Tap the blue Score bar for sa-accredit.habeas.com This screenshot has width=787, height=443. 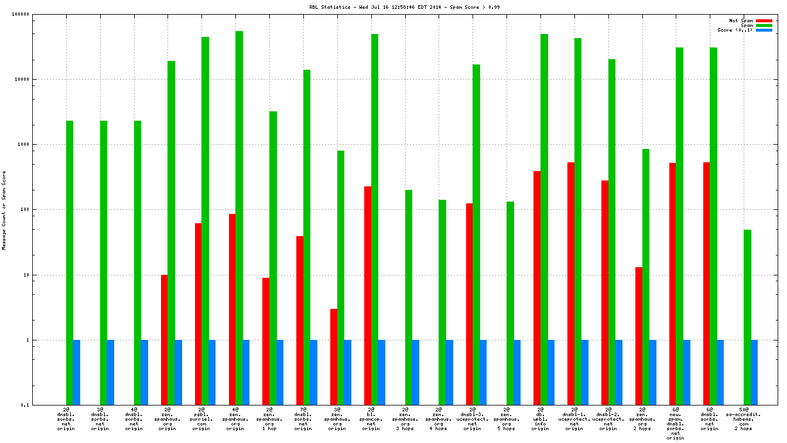pos(754,372)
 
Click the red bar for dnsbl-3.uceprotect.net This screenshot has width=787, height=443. pos(469,304)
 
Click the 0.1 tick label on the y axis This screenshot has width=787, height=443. pos(42,405)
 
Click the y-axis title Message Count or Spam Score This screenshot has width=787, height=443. pos(4,210)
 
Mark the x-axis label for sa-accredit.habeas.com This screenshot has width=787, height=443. pos(743,419)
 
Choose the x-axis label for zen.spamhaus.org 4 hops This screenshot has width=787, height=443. pos(439,419)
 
